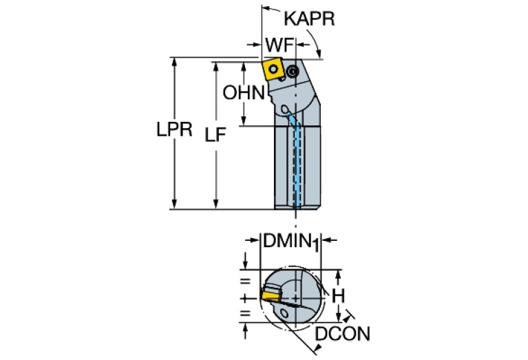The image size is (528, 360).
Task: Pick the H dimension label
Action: point(338,295)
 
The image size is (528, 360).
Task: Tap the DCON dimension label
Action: point(343,335)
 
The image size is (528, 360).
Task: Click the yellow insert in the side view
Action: point(270,68)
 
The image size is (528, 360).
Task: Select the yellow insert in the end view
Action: point(270,294)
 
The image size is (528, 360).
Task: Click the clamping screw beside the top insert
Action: point(293,70)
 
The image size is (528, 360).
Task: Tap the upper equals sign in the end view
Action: point(242,281)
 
